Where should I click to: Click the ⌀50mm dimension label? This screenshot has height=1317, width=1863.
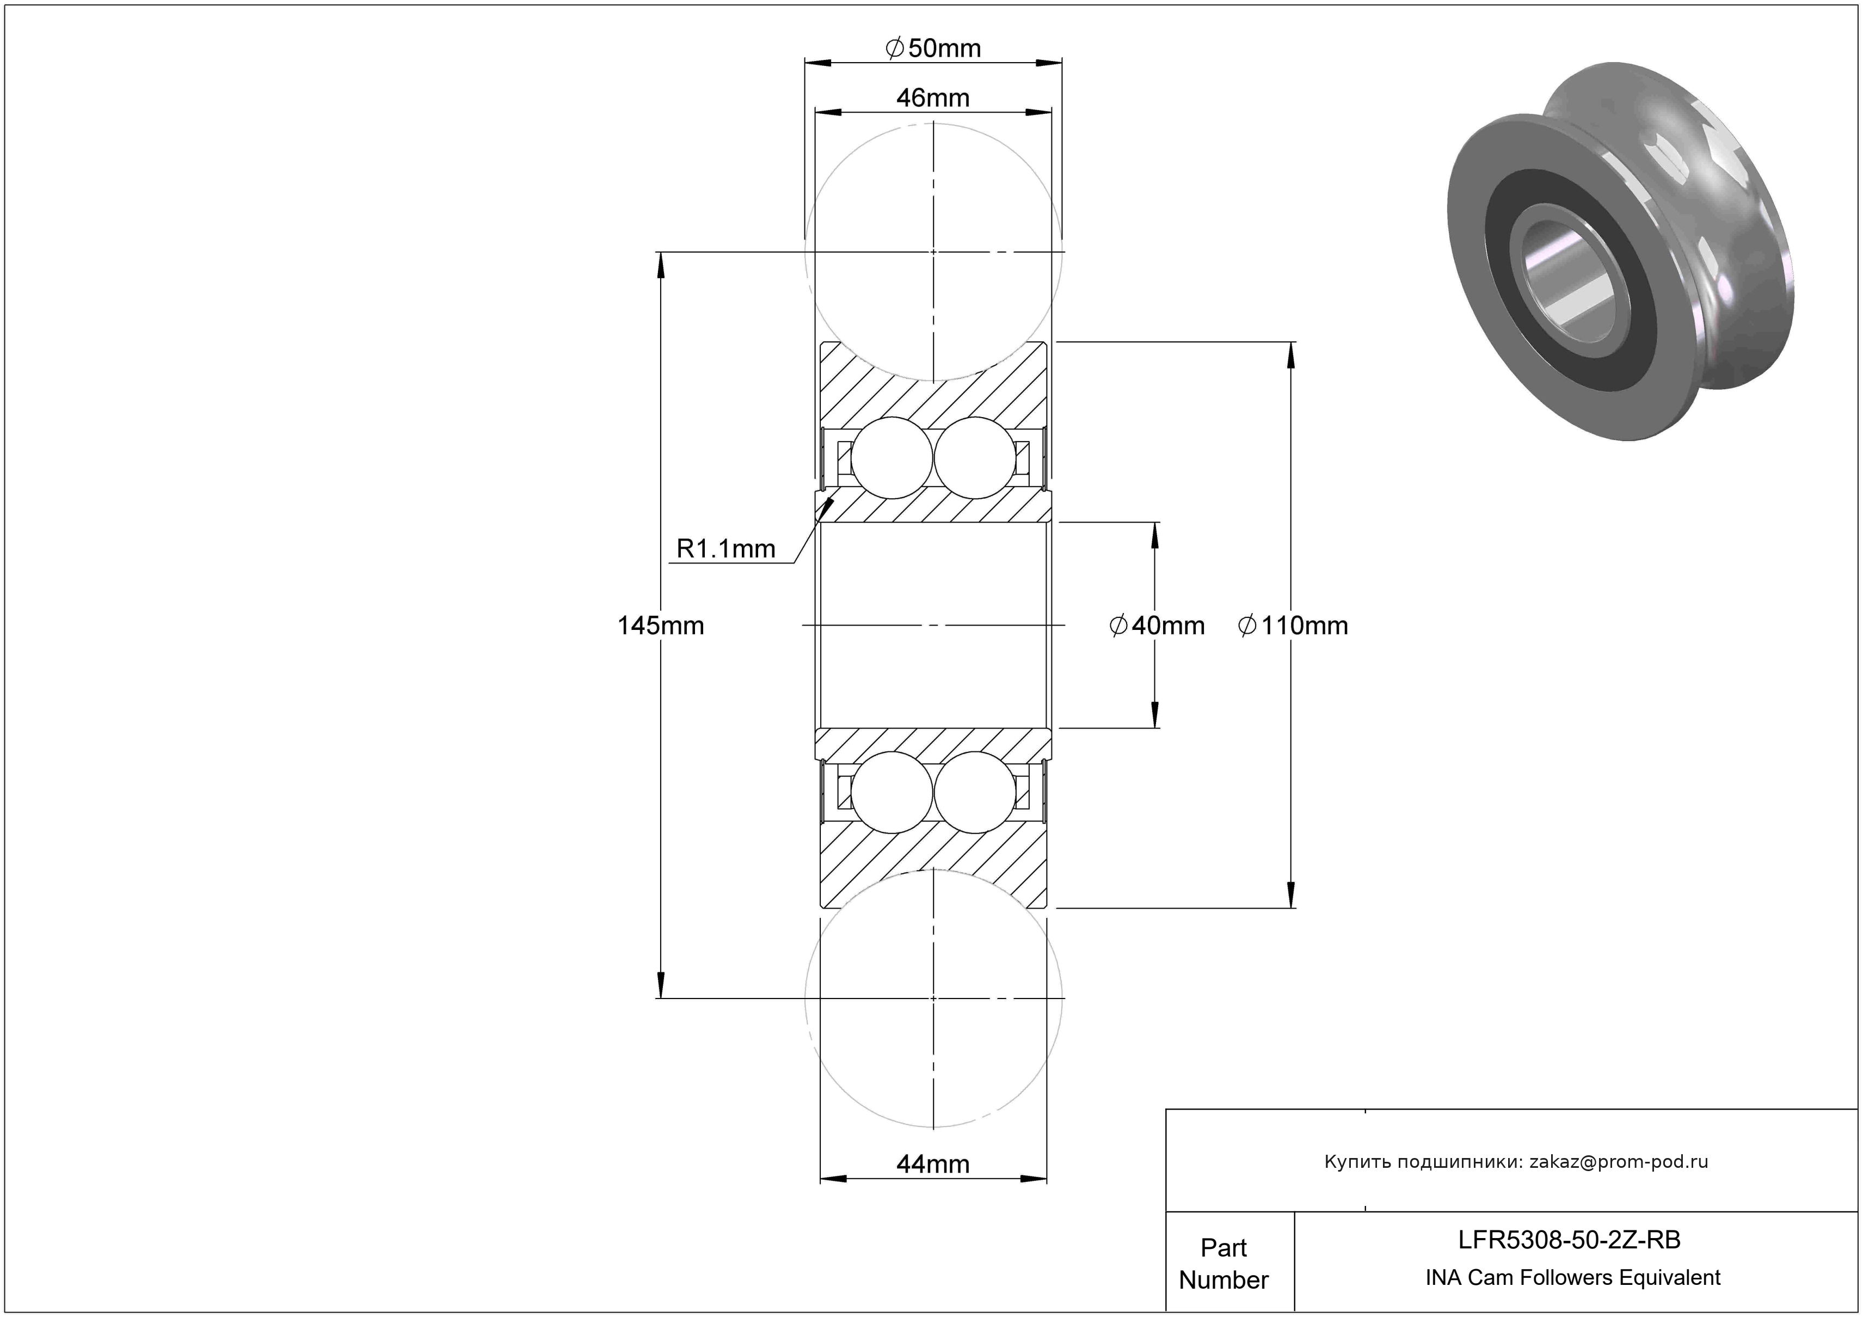point(933,48)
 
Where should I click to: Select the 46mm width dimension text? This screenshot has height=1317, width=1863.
point(933,98)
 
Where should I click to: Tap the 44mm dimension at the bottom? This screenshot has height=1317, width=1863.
point(933,1165)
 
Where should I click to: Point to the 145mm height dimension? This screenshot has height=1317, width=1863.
point(661,626)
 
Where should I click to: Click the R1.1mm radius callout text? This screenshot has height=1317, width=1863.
point(725,549)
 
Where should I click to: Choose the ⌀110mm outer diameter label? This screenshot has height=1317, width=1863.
point(1293,626)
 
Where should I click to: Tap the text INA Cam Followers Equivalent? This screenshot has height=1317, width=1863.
point(1572,1278)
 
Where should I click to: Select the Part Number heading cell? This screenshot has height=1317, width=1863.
point(1223,1264)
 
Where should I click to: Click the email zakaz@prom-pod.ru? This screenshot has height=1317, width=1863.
point(1619,1162)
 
